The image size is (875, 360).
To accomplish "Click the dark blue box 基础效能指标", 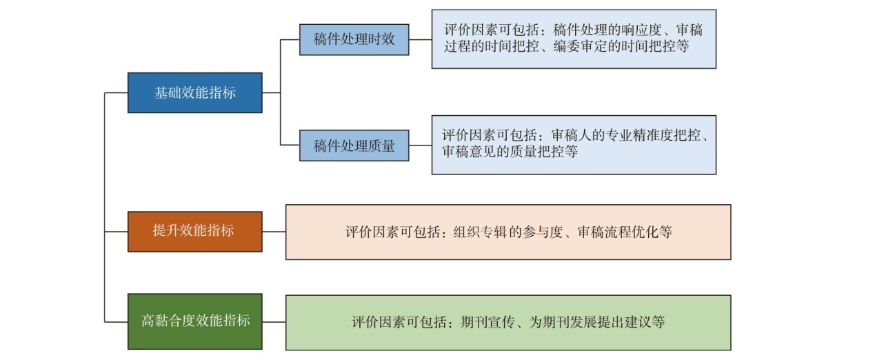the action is click(x=195, y=92).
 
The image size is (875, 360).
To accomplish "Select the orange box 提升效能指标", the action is click(x=195, y=232).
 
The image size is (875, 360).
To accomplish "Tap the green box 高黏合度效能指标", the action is click(x=195, y=321).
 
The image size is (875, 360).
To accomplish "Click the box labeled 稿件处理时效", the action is click(x=354, y=39).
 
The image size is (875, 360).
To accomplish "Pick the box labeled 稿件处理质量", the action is click(x=354, y=146).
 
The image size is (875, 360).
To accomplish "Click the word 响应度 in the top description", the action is click(x=642, y=30).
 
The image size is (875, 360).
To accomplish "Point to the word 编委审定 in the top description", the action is click(x=581, y=46).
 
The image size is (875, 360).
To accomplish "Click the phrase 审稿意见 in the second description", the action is click(x=470, y=151).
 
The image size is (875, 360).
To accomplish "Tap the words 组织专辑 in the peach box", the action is click(x=480, y=232).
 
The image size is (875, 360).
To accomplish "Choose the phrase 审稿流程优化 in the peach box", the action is click(x=618, y=232).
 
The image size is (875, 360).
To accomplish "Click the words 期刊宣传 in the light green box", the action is click(x=487, y=322).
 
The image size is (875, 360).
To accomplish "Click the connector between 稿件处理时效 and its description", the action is click(x=421, y=39).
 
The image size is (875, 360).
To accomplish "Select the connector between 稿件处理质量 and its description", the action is click(x=421, y=146).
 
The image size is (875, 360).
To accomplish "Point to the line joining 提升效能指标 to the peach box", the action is click(x=274, y=232).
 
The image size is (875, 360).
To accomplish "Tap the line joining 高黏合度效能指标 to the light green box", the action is click(x=274, y=322).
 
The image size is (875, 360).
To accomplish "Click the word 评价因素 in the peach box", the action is click(x=372, y=232).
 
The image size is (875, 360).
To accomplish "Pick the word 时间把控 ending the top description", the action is click(x=648, y=46).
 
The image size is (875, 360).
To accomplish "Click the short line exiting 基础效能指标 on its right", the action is click(x=271, y=92).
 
